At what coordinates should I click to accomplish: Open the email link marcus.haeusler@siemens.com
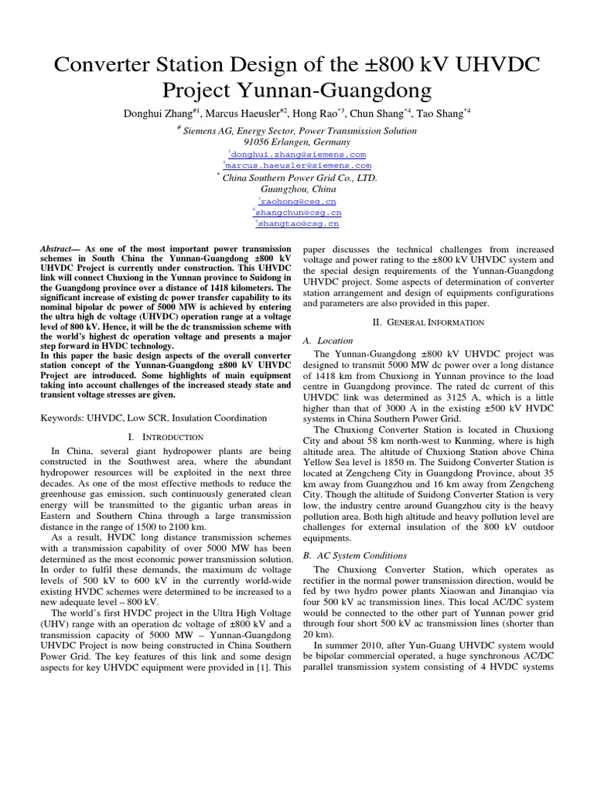pyautogui.click(x=298, y=166)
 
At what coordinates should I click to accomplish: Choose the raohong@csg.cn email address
pyautogui.click(x=298, y=200)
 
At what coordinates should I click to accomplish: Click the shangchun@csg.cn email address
pyautogui.click(x=298, y=212)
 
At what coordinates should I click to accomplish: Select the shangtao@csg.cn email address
pyautogui.click(x=298, y=224)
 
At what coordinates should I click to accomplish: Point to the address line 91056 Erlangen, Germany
pyautogui.click(x=297, y=142)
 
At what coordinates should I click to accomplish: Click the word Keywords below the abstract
pyautogui.click(x=63, y=418)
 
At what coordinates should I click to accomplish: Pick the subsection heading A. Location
pyautogui.click(x=328, y=340)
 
